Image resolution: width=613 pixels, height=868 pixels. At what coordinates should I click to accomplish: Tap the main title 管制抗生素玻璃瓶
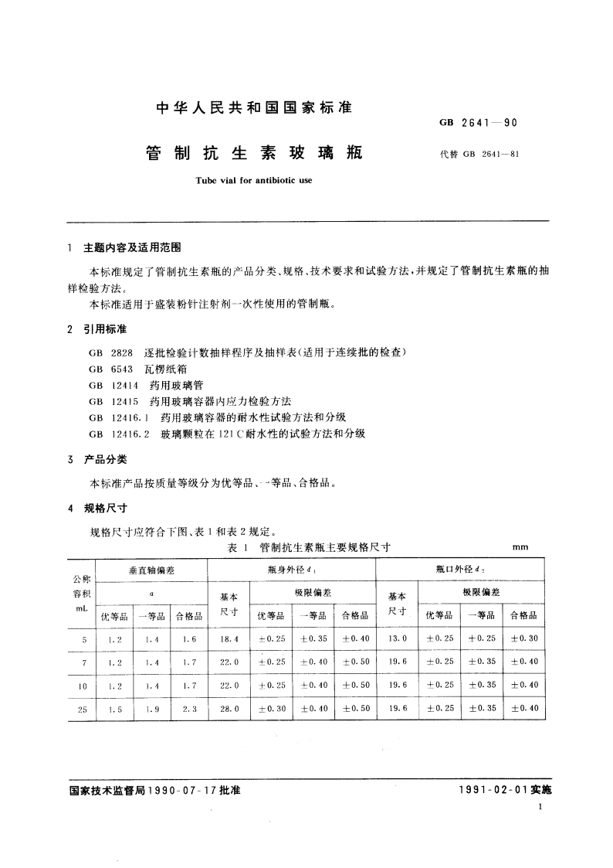click(255, 152)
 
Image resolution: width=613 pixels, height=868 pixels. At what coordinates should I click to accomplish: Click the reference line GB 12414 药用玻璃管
click(146, 385)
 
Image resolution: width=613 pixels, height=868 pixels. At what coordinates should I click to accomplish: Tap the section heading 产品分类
click(106, 460)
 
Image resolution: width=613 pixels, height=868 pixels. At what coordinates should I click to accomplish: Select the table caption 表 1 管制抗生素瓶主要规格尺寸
click(309, 547)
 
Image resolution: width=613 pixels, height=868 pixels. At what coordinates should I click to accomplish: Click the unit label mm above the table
click(519, 547)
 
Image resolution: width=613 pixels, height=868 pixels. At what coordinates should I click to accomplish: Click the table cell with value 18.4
click(229, 638)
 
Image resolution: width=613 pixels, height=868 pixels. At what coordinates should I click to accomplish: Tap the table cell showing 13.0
click(397, 638)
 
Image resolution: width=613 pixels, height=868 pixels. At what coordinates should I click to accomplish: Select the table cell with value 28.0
click(229, 708)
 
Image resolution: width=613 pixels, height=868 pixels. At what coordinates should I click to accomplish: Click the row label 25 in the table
click(82, 708)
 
